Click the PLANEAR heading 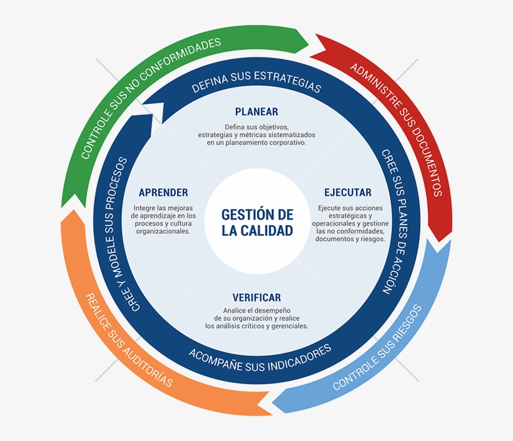[x=256, y=112]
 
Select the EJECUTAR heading [x=347, y=192]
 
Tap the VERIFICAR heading [x=256, y=297]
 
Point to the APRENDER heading [x=163, y=192]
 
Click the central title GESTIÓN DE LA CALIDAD [x=256, y=222]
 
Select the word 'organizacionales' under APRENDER [x=163, y=231]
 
